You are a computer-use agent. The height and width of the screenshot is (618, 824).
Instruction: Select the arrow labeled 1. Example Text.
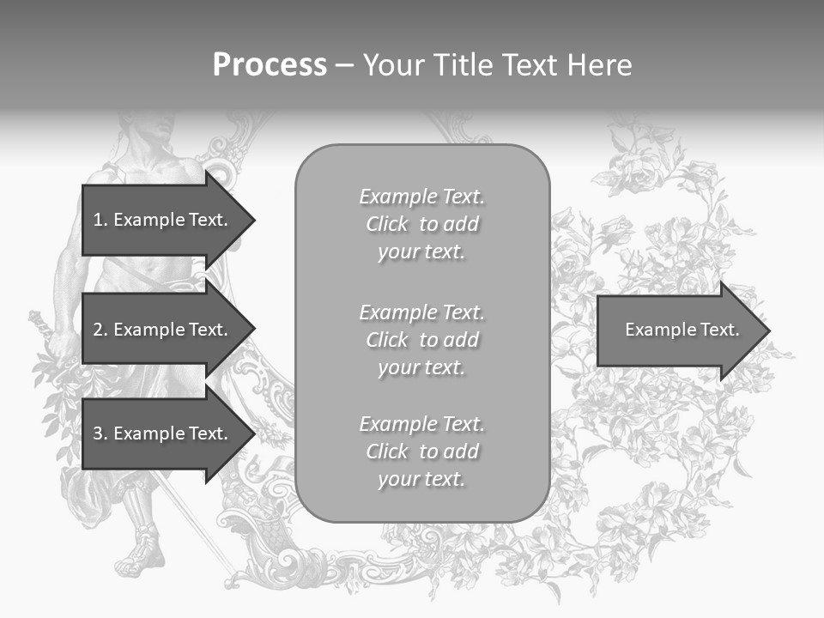[163, 220]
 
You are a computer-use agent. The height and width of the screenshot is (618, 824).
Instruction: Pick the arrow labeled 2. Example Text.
[163, 330]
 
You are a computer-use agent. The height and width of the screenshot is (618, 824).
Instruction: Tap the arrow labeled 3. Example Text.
[163, 433]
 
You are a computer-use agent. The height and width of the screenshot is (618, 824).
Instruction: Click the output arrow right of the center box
[678, 330]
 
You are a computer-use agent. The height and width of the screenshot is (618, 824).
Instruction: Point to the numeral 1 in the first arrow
[98, 220]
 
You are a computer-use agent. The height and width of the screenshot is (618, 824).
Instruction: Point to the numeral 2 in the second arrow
[98, 330]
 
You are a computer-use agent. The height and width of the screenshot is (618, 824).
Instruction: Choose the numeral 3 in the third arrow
[98, 433]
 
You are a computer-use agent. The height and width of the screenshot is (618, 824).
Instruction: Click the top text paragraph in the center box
[421, 224]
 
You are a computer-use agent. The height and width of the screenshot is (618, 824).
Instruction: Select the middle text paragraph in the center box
[421, 340]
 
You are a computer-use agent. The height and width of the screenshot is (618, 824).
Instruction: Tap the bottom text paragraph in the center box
[421, 451]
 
